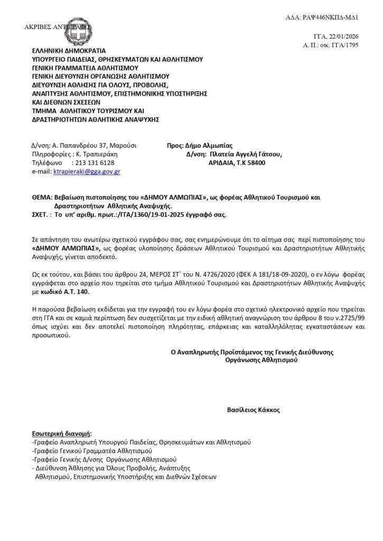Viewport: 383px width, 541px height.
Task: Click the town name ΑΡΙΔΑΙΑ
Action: click(x=222, y=163)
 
